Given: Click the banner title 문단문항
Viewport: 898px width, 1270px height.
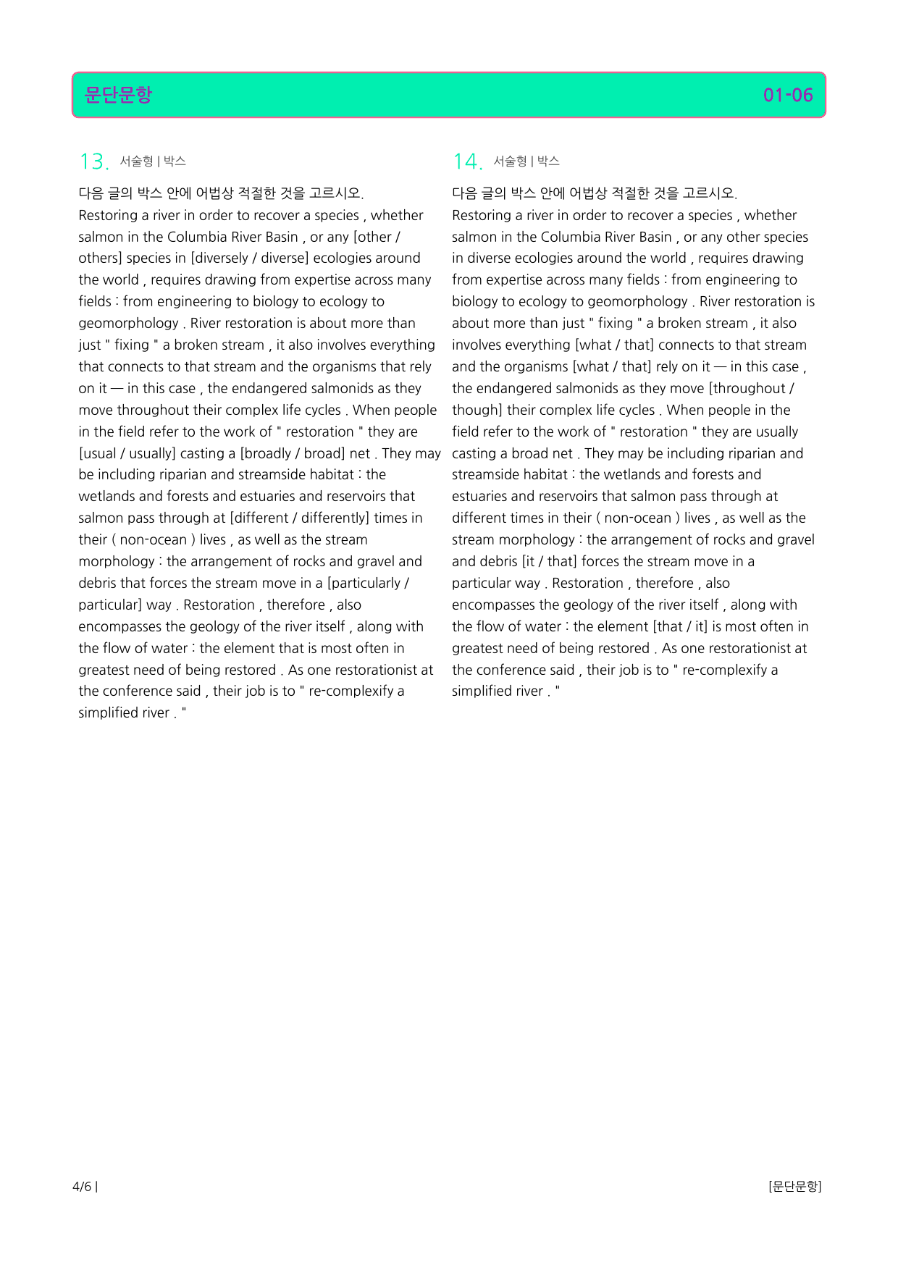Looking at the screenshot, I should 118,95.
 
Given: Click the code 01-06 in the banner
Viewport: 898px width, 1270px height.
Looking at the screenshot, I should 787,95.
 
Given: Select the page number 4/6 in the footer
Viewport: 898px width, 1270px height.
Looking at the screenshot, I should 83,1187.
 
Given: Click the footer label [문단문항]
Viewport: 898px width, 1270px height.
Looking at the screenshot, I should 794,1187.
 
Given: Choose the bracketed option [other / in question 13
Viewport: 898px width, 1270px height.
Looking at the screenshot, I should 377,237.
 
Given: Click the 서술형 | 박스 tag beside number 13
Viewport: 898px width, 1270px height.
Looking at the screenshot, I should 153,161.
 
